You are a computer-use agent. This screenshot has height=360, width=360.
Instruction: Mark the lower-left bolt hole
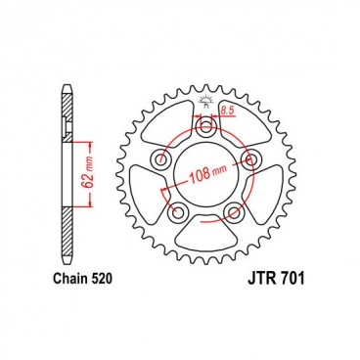[177, 211]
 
